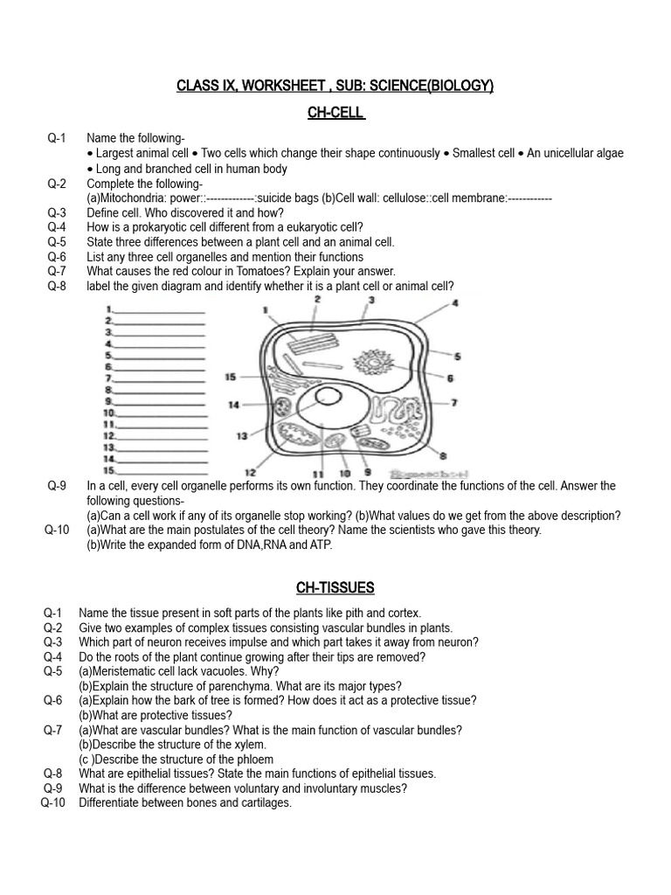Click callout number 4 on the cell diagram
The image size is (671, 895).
[x=455, y=303]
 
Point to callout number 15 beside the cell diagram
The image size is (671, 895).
[x=231, y=377]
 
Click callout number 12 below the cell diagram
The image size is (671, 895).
[x=250, y=472]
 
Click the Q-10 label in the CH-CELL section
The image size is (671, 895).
[x=55, y=530]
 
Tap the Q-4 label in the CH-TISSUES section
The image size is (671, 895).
[x=53, y=656]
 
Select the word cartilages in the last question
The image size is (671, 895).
[x=260, y=803]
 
